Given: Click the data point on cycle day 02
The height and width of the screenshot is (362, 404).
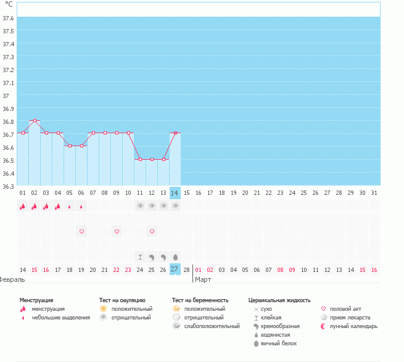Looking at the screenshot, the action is click(x=35, y=120).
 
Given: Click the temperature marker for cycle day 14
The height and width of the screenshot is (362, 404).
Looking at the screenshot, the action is click(x=175, y=133).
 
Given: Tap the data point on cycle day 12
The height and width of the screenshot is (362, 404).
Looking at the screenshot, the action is click(x=152, y=160).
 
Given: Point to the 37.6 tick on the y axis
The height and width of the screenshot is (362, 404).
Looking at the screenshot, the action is click(x=8, y=18).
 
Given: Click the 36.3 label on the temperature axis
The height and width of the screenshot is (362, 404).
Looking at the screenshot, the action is click(x=8, y=186).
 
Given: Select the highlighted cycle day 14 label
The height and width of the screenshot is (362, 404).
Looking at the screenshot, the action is click(x=175, y=193).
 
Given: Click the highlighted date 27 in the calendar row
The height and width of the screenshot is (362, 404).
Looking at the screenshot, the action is click(x=175, y=269).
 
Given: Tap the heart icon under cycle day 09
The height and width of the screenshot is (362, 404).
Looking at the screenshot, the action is click(x=117, y=231).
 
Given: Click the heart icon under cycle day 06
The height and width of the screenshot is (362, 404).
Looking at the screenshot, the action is click(x=81, y=231).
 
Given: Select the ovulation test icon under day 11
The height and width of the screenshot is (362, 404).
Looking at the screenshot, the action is click(x=140, y=206).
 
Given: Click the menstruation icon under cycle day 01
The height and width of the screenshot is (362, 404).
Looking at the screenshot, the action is click(x=23, y=206).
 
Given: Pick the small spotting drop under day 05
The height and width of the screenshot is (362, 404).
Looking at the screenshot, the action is click(x=70, y=207).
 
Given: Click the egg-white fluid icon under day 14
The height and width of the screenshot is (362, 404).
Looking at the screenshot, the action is click(x=175, y=257).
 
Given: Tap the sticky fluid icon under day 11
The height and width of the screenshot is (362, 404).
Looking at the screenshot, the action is click(x=140, y=257).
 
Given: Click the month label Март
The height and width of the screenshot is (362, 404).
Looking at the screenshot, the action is click(x=203, y=279).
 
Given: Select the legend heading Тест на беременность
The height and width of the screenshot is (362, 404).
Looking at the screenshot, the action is click(x=200, y=300).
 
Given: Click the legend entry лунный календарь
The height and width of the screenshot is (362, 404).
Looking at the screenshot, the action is click(x=353, y=326).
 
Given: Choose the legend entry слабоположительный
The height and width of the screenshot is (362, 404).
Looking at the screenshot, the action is click(x=212, y=326).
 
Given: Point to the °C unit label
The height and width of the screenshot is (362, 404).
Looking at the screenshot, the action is click(x=9, y=4).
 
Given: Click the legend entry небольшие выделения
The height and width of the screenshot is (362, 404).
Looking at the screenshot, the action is click(x=61, y=318).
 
